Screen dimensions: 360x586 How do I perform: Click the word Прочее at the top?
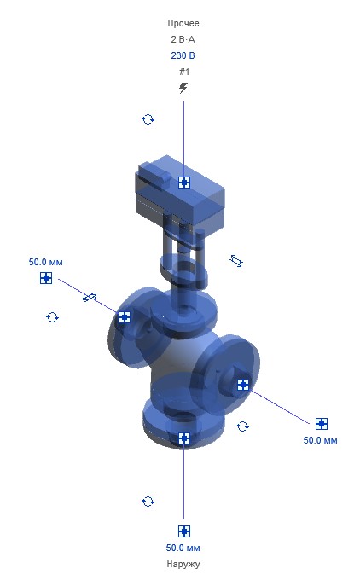(183, 24)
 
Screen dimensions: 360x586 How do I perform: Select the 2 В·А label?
(183, 39)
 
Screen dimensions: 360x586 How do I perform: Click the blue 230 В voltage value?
(183, 55)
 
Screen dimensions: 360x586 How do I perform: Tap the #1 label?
(184, 72)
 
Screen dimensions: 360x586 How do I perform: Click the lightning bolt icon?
(183, 88)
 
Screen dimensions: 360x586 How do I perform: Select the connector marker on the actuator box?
(184, 183)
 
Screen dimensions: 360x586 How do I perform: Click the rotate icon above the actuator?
(148, 119)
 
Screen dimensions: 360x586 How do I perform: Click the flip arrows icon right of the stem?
(236, 260)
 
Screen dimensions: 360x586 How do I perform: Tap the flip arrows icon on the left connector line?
(90, 297)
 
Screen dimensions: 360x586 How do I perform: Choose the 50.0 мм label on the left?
(45, 262)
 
